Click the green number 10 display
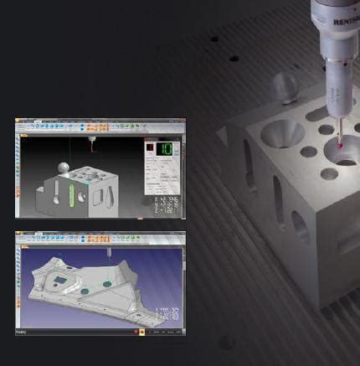coord(167,149)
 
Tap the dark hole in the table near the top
coord(215,38)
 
